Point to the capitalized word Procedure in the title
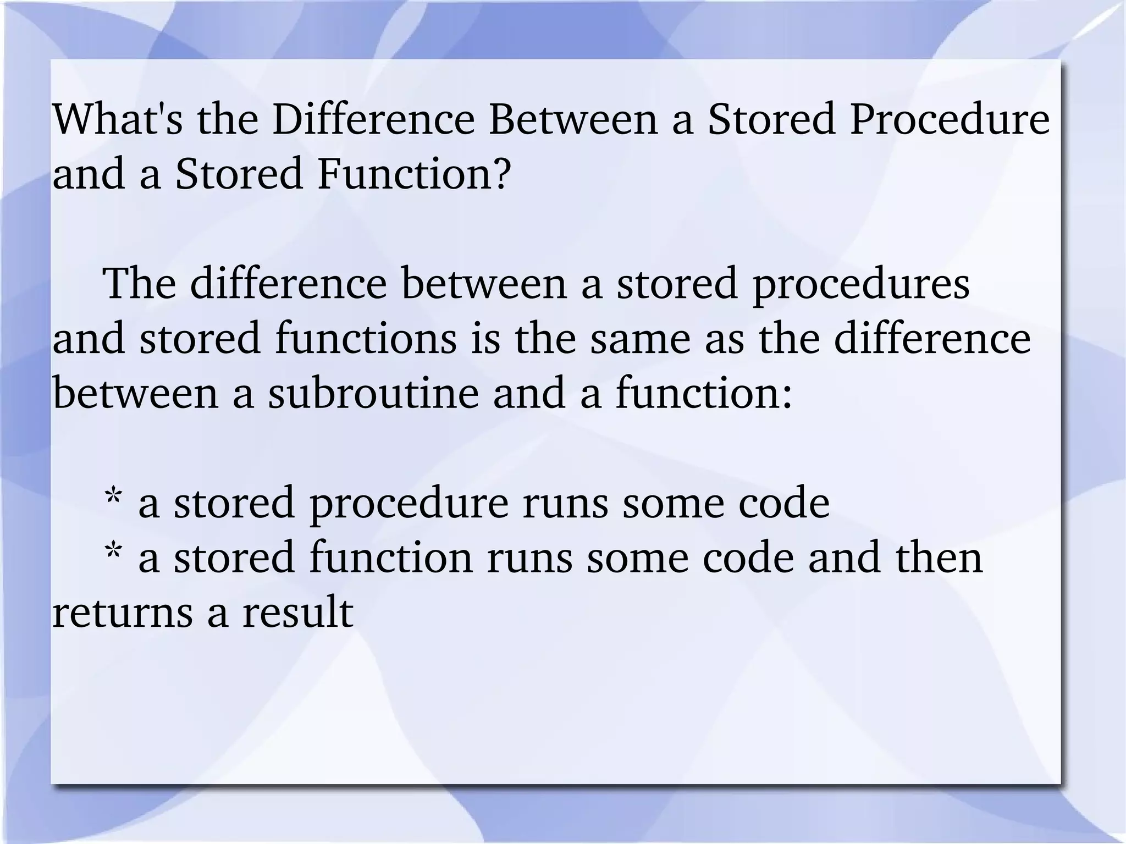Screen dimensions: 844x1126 pyautogui.click(x=950, y=119)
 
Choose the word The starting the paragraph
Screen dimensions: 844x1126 pyautogui.click(x=140, y=284)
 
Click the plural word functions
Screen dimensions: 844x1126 pyautogui.click(x=366, y=339)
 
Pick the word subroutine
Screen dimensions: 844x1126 pyautogui.click(x=374, y=394)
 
